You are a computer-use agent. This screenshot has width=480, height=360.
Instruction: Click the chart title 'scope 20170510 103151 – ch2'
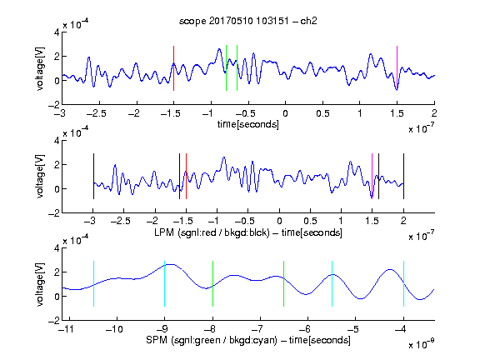pyautogui.click(x=248, y=21)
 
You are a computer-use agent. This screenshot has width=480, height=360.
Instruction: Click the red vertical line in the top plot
pyautogui.click(x=173, y=68)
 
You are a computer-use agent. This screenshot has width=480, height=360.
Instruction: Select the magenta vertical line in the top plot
pyautogui.click(x=397, y=68)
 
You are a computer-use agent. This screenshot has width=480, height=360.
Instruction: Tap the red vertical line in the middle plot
pyautogui.click(x=186, y=177)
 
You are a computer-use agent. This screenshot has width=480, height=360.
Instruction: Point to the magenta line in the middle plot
pyautogui.click(x=372, y=177)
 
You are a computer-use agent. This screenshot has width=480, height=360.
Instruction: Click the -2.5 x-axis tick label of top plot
pyautogui.click(x=96, y=113)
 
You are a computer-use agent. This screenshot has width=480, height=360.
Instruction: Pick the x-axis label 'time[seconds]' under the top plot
pyautogui.click(x=248, y=124)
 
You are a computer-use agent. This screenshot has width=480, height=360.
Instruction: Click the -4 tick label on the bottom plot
pyautogui.click(x=401, y=329)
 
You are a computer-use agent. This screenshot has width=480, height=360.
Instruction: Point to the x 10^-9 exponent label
pyautogui.click(x=421, y=344)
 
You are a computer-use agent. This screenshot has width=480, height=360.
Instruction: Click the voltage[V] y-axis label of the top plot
pyautogui.click(x=40, y=68)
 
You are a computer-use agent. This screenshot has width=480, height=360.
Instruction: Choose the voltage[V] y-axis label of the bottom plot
pyautogui.click(x=40, y=284)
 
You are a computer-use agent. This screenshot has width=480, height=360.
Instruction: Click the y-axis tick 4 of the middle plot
pyautogui.click(x=57, y=141)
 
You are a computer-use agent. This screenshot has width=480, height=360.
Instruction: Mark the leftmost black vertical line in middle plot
pyautogui.click(x=93, y=177)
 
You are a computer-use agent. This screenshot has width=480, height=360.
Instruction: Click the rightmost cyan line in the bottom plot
pyautogui.click(x=404, y=284)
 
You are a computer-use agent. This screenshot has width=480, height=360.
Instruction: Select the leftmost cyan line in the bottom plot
pyautogui.click(x=93, y=284)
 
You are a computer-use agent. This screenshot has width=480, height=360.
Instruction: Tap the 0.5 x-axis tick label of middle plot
pyautogui.click(x=310, y=221)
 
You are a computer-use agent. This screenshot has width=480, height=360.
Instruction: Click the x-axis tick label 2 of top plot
pyautogui.click(x=434, y=113)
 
